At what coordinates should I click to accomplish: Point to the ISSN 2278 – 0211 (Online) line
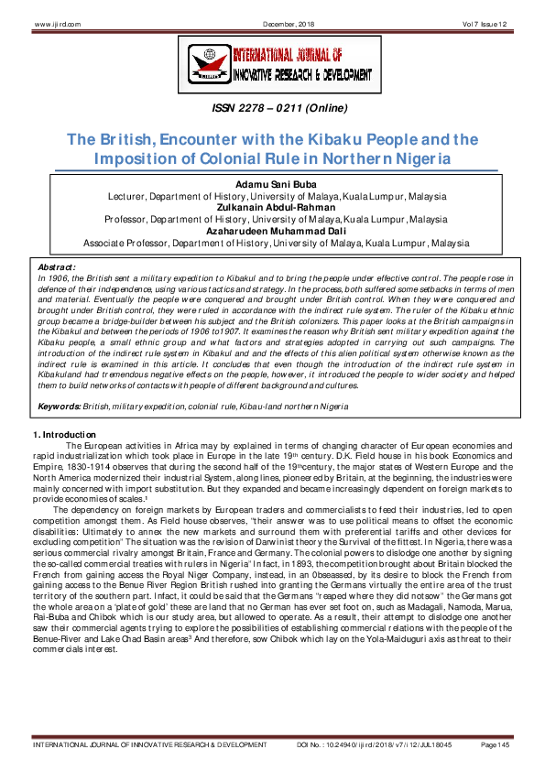pyautogui.click(x=273, y=110)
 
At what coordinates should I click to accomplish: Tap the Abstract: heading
pyautogui.click(x=57, y=266)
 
